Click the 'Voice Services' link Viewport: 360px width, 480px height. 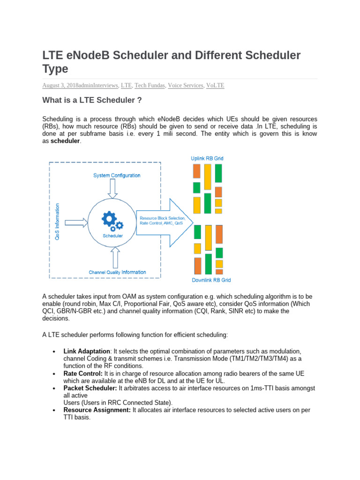[186, 85]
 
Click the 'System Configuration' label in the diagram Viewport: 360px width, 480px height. [116, 175]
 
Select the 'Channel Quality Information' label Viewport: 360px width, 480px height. [117, 272]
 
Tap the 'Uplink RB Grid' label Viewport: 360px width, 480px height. [207, 158]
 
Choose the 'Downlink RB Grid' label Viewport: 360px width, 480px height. [211, 280]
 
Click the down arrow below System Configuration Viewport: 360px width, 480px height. [113, 188]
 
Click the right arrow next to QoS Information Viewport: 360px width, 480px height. [76, 222]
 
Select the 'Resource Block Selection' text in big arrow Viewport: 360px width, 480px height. [162, 218]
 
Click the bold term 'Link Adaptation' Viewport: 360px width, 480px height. [86, 352]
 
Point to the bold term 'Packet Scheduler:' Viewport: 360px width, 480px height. [90, 388]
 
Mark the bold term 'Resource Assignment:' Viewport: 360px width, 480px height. [97, 410]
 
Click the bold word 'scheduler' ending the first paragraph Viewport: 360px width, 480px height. [66, 141]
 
